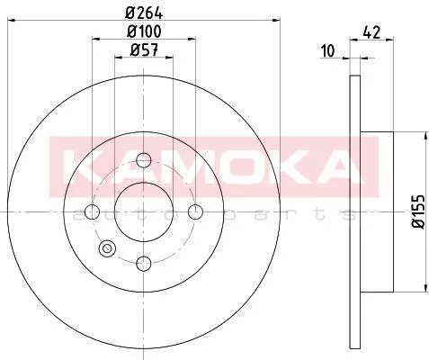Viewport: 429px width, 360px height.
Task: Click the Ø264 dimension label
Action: click(x=144, y=13)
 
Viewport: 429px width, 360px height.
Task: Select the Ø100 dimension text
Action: click(x=144, y=31)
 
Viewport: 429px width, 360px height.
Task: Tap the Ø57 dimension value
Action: click(x=144, y=49)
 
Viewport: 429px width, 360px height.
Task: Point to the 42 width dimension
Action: click(x=371, y=32)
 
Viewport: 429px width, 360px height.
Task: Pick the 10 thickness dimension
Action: click(x=327, y=51)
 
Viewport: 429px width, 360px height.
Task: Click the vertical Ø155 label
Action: click(x=418, y=211)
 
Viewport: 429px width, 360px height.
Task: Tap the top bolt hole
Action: click(x=144, y=160)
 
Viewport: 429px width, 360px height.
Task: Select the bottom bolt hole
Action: click(x=144, y=264)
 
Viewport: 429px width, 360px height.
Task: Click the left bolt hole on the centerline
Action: click(x=92, y=211)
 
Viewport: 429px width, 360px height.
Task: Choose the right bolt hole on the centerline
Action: click(x=195, y=211)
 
